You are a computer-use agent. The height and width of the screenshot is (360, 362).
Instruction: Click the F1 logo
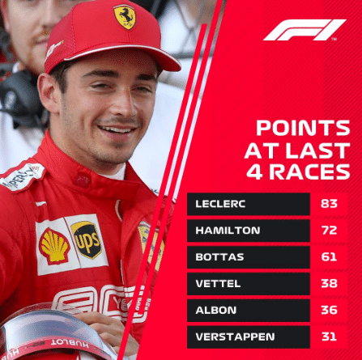[305, 30]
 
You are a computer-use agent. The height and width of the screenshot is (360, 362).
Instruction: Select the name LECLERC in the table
[220, 204]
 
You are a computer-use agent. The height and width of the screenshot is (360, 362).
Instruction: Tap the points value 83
[329, 204]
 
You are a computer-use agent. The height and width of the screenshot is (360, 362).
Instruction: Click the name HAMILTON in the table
[228, 231]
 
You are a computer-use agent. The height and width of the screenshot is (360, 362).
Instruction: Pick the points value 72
[329, 231]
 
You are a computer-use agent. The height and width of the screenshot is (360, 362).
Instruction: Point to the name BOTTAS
[219, 256]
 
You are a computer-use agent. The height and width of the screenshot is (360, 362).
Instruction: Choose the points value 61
[329, 256]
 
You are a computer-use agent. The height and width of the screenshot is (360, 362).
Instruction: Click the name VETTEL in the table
[218, 283]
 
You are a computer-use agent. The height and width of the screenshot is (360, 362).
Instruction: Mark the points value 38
[329, 283]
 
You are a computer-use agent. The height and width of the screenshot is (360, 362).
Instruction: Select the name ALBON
[216, 310]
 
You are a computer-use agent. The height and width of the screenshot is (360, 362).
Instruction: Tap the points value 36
[329, 310]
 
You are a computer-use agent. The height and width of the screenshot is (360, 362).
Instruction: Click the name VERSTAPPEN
[235, 337]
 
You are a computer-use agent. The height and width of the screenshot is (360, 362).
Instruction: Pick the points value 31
[329, 337]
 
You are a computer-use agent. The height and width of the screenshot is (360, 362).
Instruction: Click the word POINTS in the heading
[303, 128]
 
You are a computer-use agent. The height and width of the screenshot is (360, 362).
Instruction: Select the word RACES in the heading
[309, 172]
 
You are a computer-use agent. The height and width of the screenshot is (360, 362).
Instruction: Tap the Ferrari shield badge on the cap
[125, 17]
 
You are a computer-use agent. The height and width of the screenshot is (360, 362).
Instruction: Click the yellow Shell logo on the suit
[54, 246]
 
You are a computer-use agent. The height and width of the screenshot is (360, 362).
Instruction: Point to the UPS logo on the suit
[87, 239]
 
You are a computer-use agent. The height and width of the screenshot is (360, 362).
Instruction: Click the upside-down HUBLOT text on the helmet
[70, 344]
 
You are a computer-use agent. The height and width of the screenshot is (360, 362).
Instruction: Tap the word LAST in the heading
[318, 150]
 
